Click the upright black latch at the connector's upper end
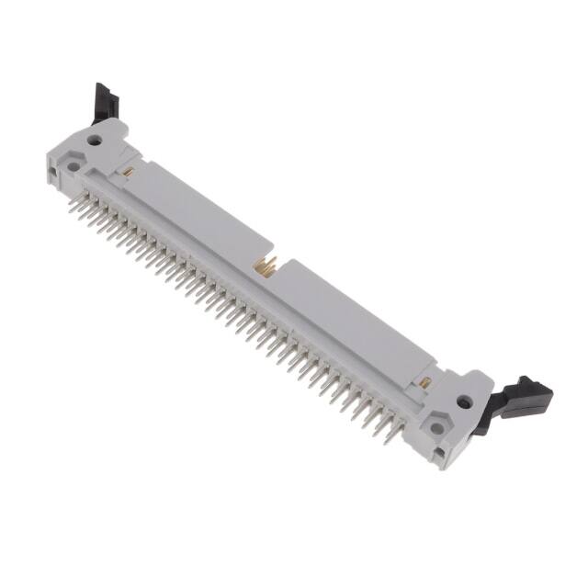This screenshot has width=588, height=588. click(x=104, y=104)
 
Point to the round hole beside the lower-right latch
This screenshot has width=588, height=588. click(x=464, y=401)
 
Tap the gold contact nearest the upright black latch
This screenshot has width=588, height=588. click(x=129, y=171)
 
